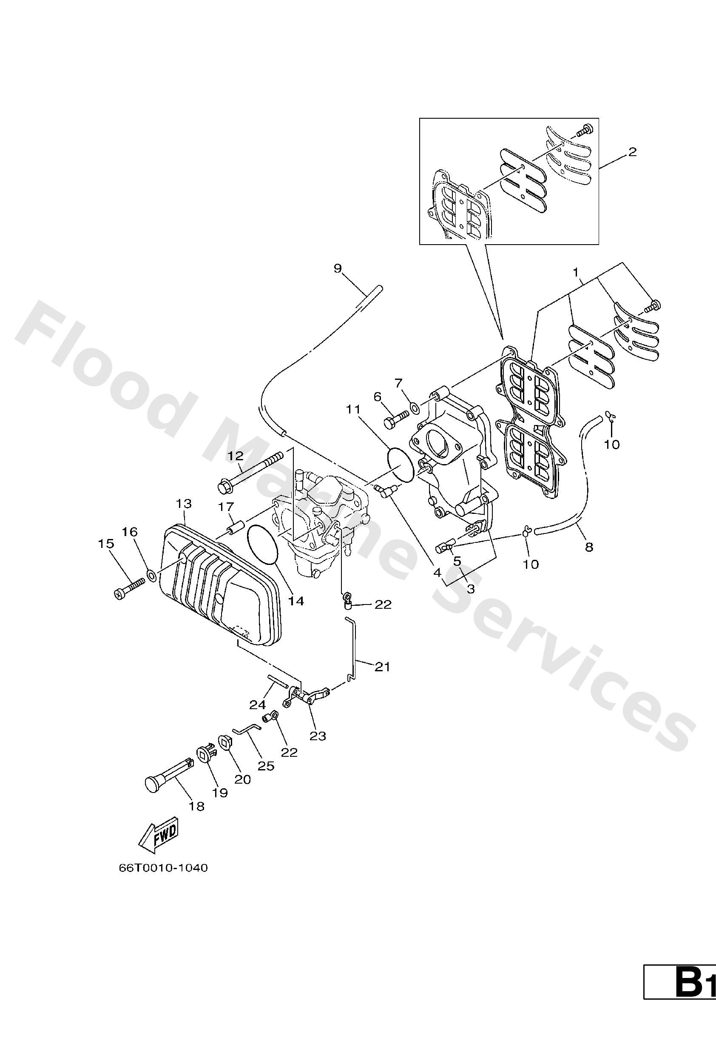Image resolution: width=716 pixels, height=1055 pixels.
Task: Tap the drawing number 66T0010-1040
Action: [x=163, y=868]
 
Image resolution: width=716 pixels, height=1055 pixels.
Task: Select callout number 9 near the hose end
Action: [x=338, y=268]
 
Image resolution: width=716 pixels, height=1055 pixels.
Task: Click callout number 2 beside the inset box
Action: [x=632, y=151]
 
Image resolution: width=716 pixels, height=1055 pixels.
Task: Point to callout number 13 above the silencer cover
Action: [x=184, y=503]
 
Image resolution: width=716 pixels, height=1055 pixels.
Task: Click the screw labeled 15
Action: [x=128, y=586]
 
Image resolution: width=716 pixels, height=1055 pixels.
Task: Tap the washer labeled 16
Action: [x=152, y=576]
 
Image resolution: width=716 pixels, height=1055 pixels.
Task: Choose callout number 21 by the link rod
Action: [x=382, y=667]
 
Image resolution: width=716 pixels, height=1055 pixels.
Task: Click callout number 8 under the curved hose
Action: [x=588, y=547]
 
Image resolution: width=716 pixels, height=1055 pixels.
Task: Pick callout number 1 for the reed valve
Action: [x=576, y=273]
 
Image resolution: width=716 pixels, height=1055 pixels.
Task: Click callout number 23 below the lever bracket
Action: [x=318, y=736]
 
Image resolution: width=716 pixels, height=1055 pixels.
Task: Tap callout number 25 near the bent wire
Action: [x=266, y=766]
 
